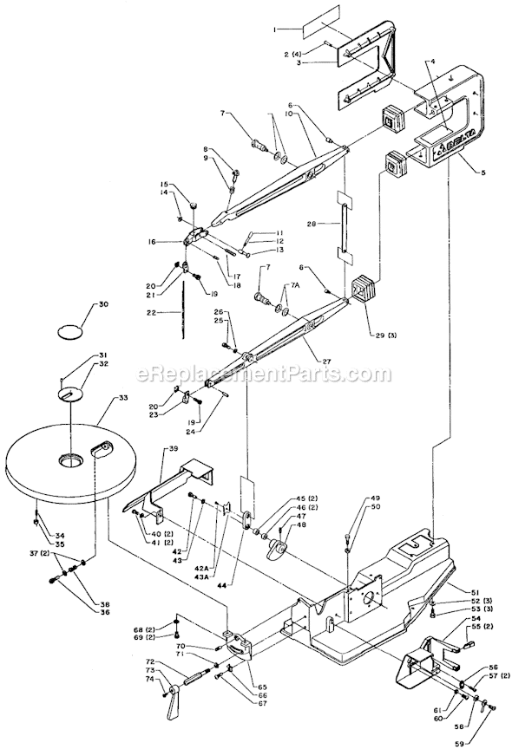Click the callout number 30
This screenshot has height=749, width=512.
(x=103, y=304)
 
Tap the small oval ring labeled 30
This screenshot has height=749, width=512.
(x=70, y=331)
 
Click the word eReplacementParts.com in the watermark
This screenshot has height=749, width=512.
(x=265, y=374)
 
